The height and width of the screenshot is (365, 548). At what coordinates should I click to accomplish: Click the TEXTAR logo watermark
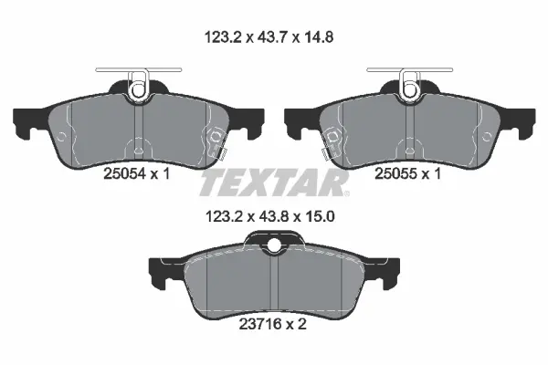click(x=274, y=183)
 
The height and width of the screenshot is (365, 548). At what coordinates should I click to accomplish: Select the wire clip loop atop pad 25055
click(x=408, y=88)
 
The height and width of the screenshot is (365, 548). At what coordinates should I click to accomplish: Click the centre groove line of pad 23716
click(x=274, y=283)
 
